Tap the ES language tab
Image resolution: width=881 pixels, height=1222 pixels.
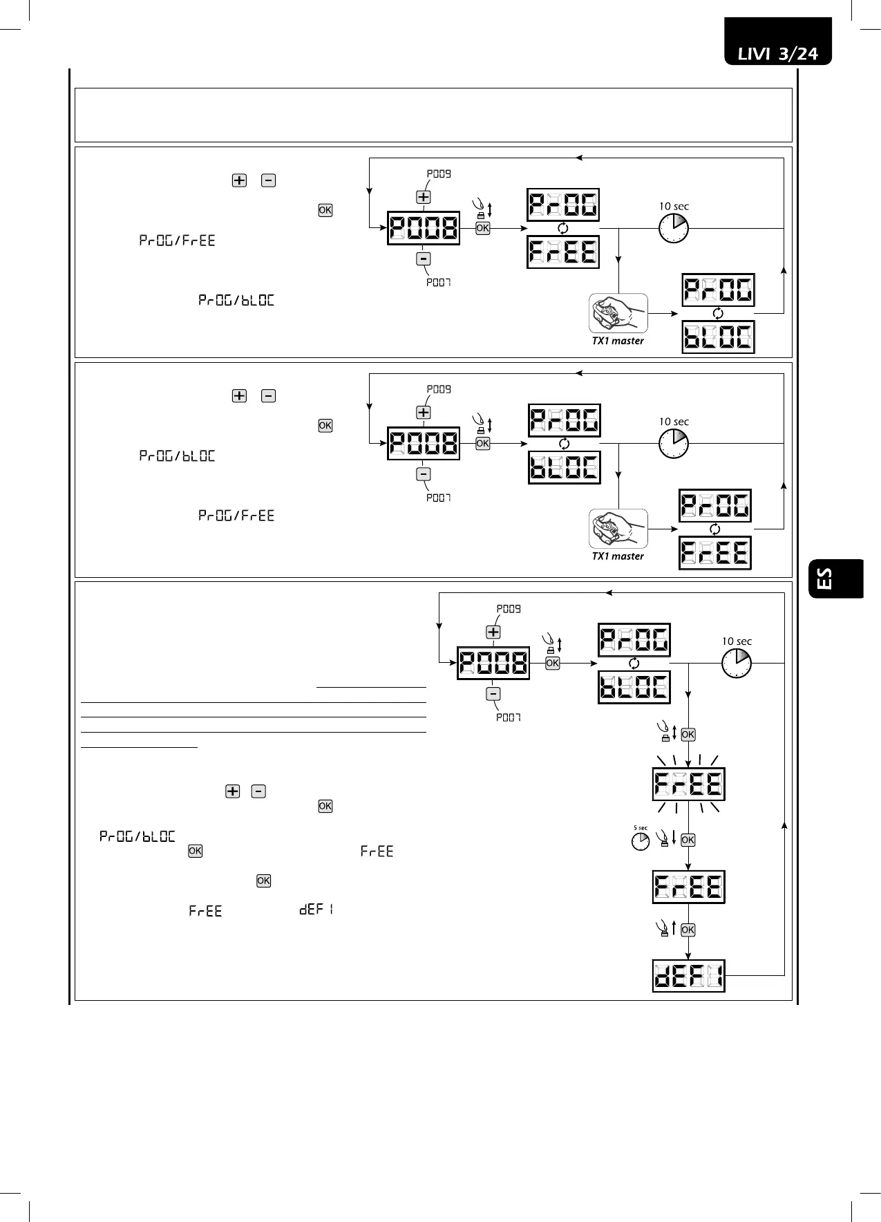click(835, 579)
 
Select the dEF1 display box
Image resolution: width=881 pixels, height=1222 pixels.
click(688, 976)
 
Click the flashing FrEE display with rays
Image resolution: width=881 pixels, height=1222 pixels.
click(688, 784)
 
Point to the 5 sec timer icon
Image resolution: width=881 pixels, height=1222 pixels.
click(641, 840)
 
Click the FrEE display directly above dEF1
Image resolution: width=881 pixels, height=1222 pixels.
click(688, 887)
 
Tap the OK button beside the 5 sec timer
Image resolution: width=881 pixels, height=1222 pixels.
click(688, 840)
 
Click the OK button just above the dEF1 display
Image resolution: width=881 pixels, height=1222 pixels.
click(688, 930)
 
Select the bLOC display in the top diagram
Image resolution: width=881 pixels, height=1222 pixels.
click(718, 337)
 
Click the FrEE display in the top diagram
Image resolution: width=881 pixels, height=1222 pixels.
click(563, 252)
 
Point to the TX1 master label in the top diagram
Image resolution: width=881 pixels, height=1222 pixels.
click(618, 341)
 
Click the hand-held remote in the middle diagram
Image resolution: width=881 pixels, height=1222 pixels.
click(618, 529)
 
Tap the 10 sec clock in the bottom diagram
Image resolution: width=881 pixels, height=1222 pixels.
click(737, 663)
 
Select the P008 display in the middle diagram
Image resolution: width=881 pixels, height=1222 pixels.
click(423, 443)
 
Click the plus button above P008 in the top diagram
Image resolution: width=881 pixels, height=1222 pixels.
click(423, 197)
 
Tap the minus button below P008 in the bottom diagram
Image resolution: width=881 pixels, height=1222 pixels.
click(493, 694)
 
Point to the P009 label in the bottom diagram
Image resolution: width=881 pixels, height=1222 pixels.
click(509, 609)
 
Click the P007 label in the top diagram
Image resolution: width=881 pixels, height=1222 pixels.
click(439, 282)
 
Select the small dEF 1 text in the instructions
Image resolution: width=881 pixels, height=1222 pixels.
click(316, 910)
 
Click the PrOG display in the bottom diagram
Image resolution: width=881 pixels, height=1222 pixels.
click(634, 639)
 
